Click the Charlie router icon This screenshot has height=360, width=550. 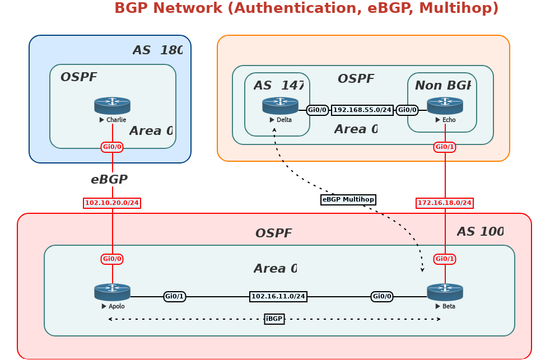[x=112, y=105]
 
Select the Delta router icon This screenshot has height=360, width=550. [x=280, y=105]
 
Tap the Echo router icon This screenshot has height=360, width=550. [x=445, y=105]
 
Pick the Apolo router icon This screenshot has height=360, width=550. [x=112, y=292]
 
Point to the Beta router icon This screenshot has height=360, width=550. [x=445, y=292]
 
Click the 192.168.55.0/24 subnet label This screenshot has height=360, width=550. [x=362, y=110]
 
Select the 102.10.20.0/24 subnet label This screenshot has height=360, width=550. [x=112, y=203]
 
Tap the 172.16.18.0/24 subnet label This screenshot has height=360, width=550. [x=445, y=203]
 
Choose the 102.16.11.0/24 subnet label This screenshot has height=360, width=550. [x=278, y=297]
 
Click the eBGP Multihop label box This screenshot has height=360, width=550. [x=348, y=200]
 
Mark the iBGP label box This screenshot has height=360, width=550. [x=274, y=319]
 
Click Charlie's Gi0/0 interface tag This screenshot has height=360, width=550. [x=112, y=147]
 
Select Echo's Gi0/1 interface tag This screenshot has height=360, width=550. [x=445, y=147]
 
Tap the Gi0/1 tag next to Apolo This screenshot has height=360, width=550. [x=175, y=297]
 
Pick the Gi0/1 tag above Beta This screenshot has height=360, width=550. [x=445, y=259]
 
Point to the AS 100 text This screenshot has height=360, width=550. [x=480, y=232]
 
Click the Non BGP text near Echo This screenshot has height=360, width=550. [x=442, y=86]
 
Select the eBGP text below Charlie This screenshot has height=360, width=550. [x=109, y=180]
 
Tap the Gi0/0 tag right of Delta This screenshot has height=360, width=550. [x=318, y=110]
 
